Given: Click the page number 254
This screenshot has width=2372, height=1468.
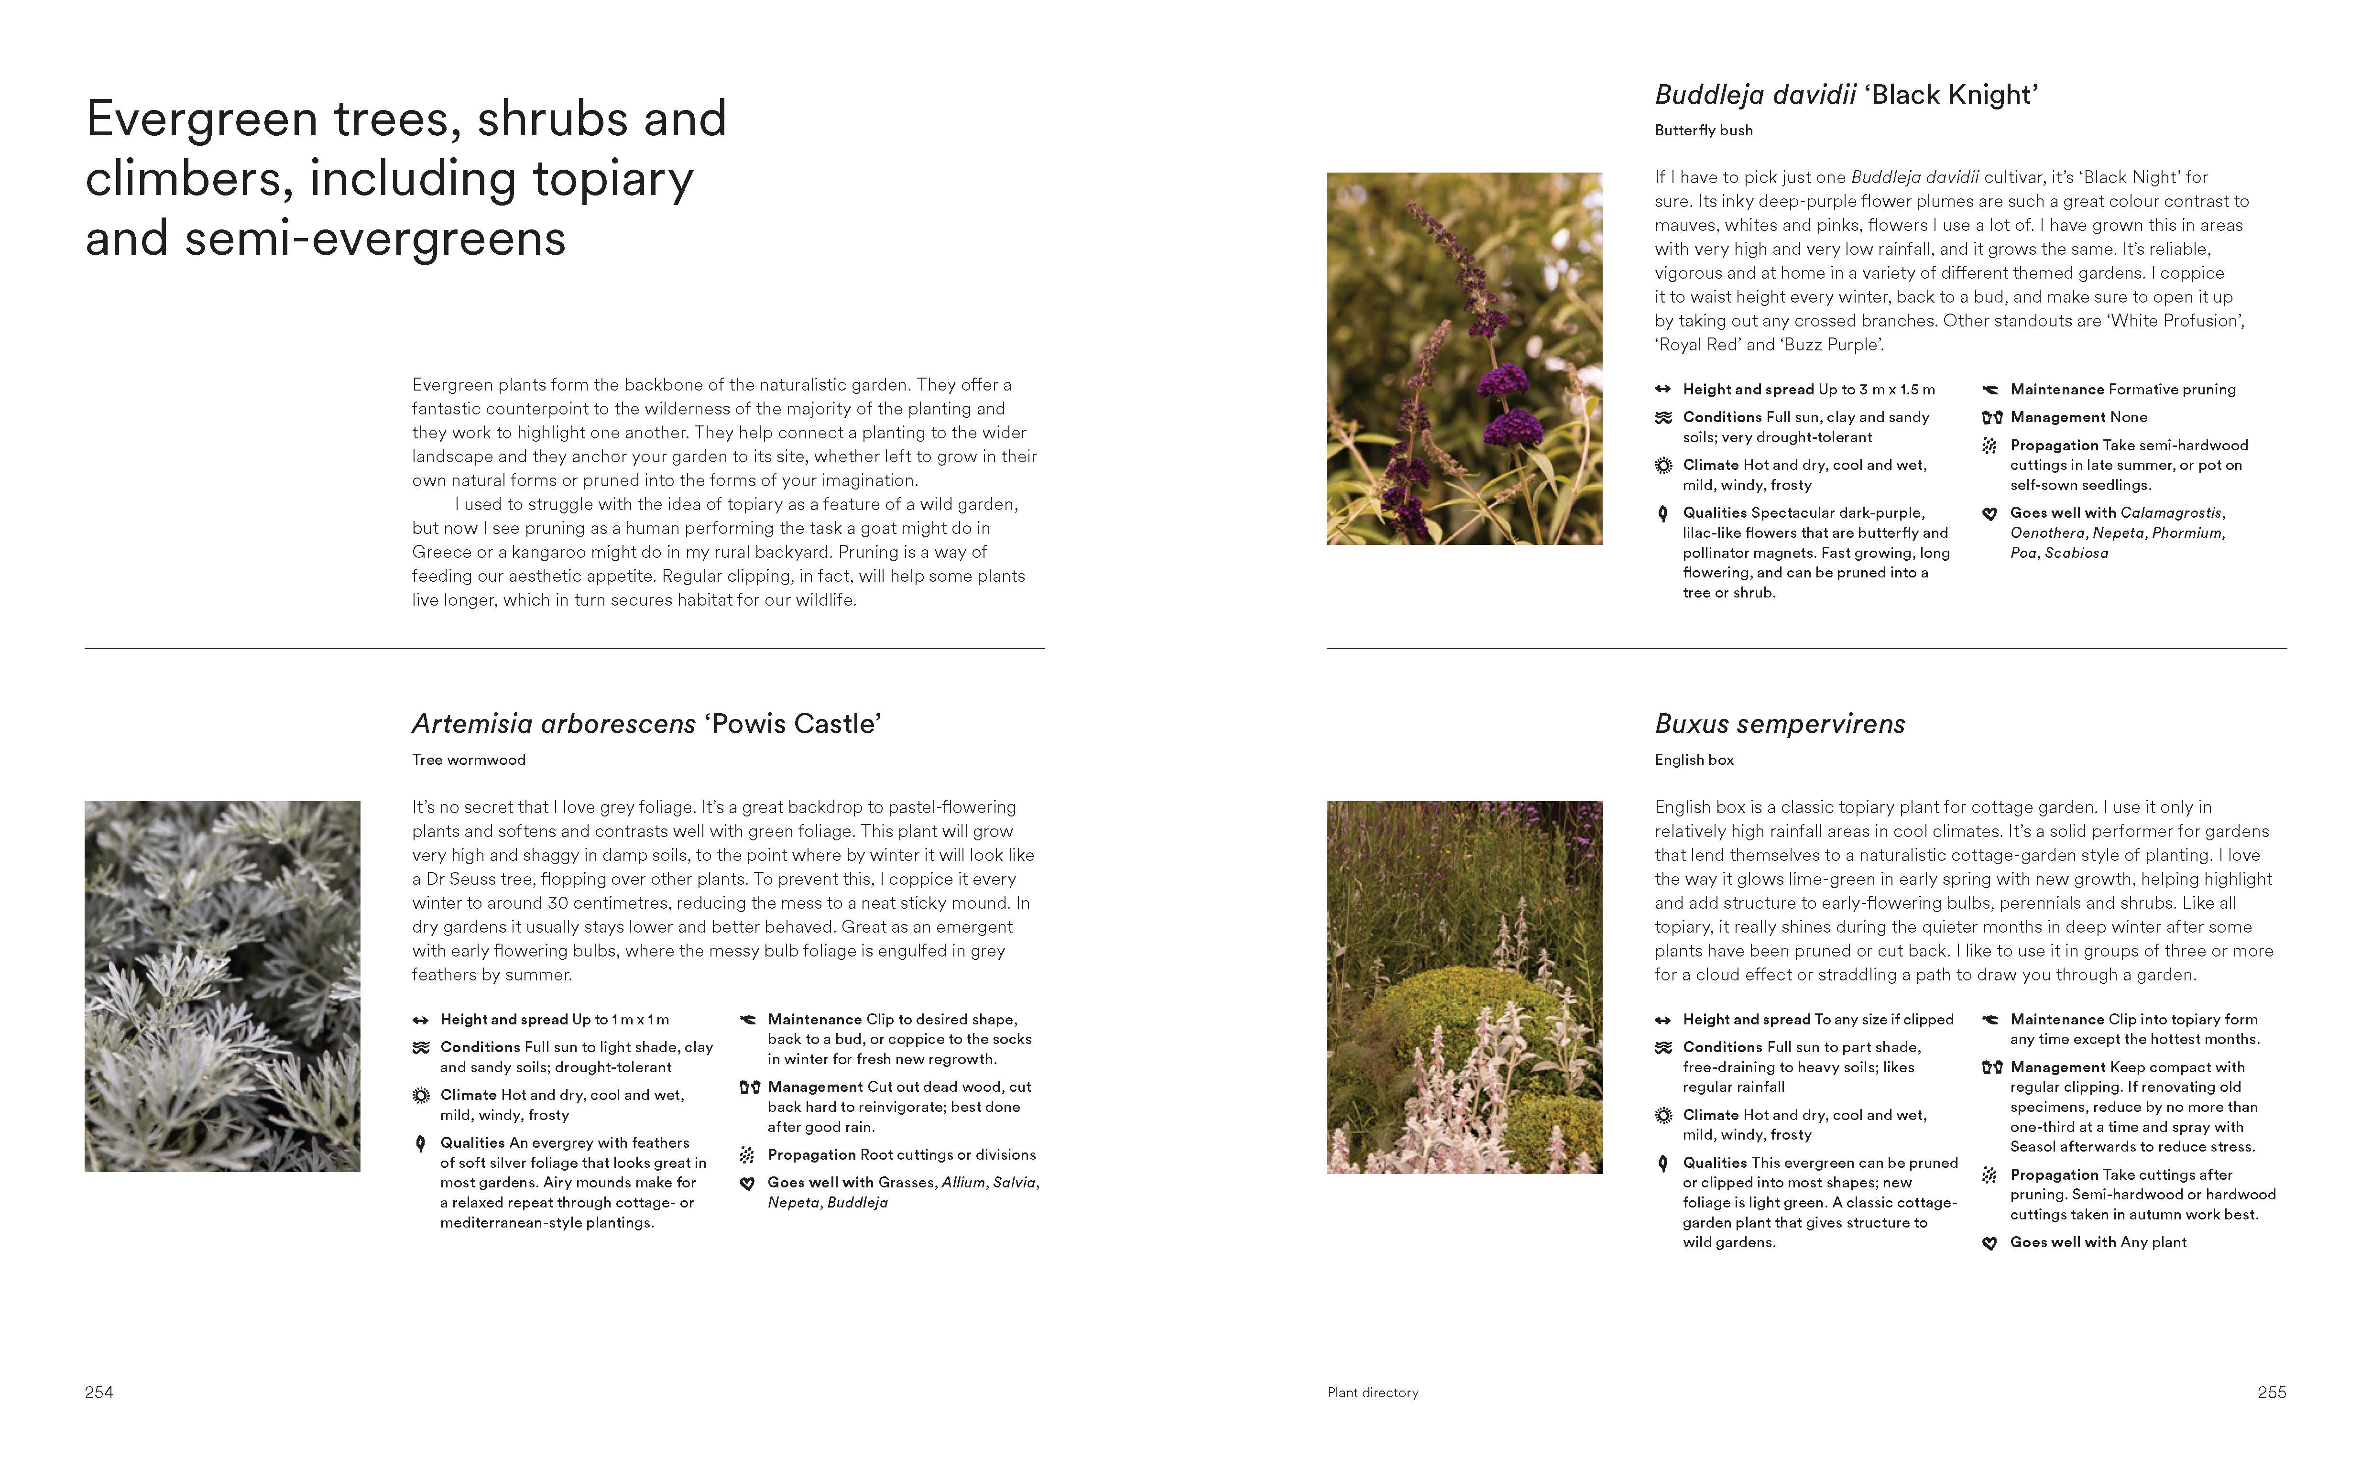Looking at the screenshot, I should pos(99,1392).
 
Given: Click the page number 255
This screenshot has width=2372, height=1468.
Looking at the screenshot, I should pos(2271,1392).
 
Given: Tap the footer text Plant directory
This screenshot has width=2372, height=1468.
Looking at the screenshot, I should pos(1372,1392).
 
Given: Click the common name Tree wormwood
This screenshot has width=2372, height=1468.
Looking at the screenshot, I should pos(468,759).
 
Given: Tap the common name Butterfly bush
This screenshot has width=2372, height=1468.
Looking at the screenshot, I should pos(1703,130).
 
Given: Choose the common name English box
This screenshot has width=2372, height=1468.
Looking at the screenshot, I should pos(1694,759).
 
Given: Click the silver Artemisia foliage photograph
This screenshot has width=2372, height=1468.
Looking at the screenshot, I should pos(222,986).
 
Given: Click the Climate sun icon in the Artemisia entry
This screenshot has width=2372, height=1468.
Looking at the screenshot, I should pos(420,1095).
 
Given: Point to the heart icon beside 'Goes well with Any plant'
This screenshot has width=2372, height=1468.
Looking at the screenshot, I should pos(1989,1243).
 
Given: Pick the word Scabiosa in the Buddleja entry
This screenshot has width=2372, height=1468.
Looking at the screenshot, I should pos(2076,553).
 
